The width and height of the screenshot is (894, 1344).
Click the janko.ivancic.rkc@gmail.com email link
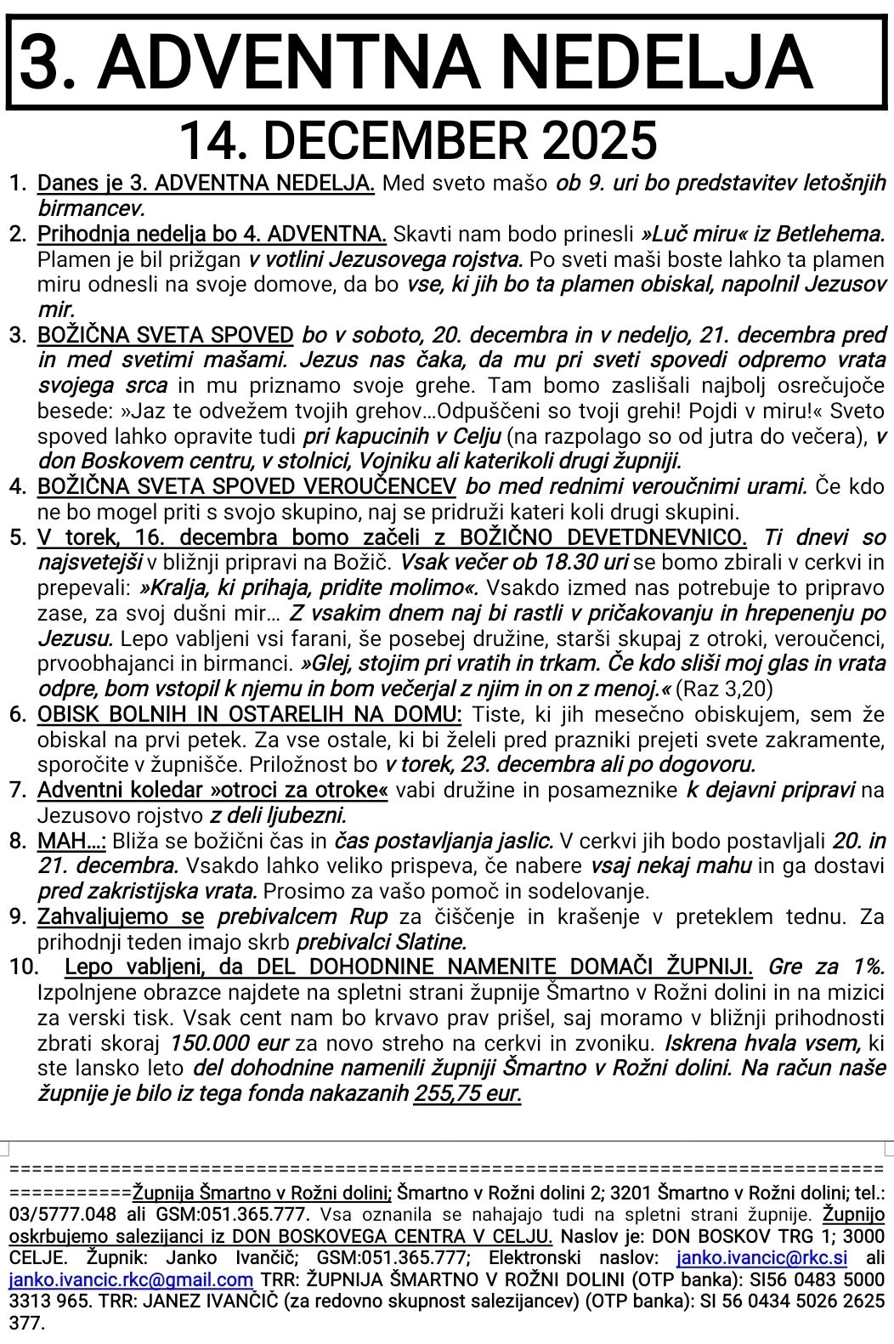[132, 1279]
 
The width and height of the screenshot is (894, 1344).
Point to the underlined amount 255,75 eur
[467, 1093]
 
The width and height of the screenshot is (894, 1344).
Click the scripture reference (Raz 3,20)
[724, 689]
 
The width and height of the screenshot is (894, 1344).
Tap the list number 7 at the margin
[18, 791]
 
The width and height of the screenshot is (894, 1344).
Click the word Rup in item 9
[369, 917]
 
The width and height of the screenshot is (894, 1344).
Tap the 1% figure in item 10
[867, 967]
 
